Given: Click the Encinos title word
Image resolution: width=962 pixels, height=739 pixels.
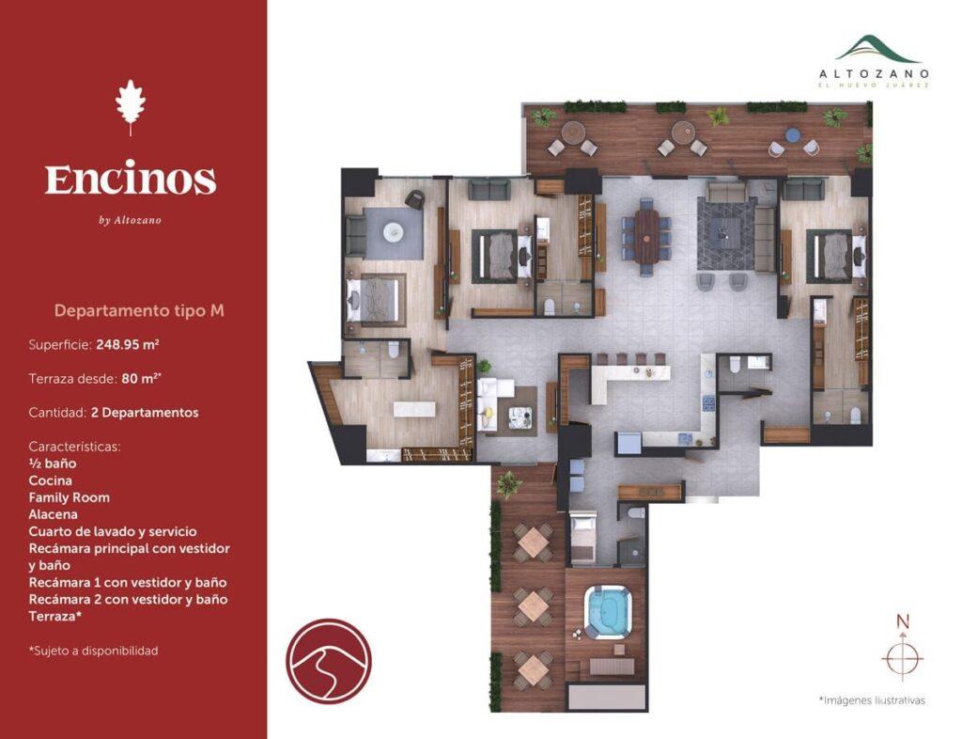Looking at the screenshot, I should click(x=131, y=179).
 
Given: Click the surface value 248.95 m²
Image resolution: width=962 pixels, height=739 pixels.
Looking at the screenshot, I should click(x=127, y=345).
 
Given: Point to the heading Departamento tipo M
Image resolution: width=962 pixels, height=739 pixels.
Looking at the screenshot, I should click(x=139, y=310).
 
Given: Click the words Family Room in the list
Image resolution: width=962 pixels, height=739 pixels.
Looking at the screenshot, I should click(x=70, y=497).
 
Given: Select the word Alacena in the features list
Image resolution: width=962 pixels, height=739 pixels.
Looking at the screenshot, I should click(x=54, y=514).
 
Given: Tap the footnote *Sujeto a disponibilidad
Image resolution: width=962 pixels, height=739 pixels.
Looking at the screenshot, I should click(x=93, y=651).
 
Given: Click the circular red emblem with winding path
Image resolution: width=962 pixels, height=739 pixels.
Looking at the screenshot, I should click(x=328, y=661).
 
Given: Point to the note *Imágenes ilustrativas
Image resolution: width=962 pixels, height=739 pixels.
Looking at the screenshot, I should click(x=871, y=700).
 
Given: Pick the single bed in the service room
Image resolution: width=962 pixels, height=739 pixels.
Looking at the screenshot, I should click(x=582, y=538).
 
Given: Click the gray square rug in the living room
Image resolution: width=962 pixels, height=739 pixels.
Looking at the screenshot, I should click(x=725, y=228).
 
